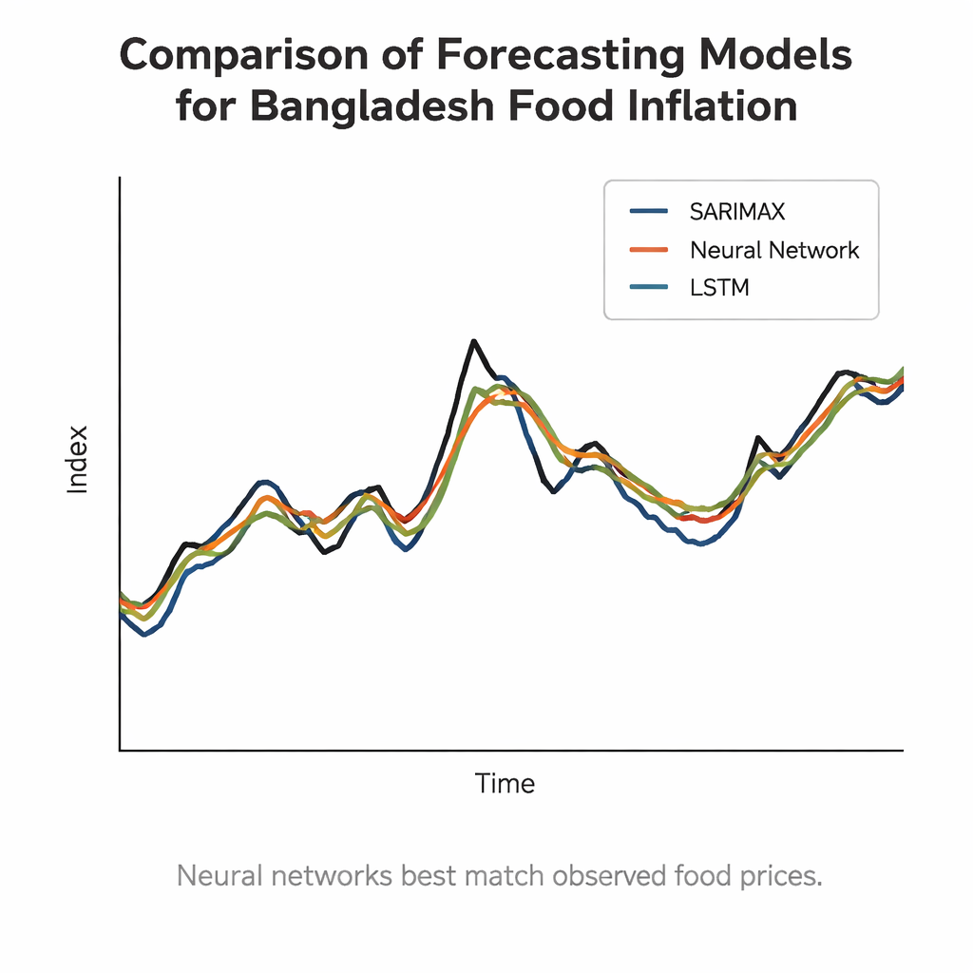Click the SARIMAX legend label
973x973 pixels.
point(737,211)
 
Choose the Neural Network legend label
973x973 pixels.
point(774,250)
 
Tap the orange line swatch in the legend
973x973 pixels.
point(652,250)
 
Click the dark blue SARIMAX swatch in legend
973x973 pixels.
point(652,211)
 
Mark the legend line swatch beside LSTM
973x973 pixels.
point(652,288)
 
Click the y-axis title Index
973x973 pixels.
point(77,459)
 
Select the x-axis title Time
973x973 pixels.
point(505,784)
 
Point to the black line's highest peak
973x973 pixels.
point(471,341)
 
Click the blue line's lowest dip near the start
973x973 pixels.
point(143,634)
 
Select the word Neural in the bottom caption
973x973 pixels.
point(218,875)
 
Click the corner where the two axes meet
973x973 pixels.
point(120,750)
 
